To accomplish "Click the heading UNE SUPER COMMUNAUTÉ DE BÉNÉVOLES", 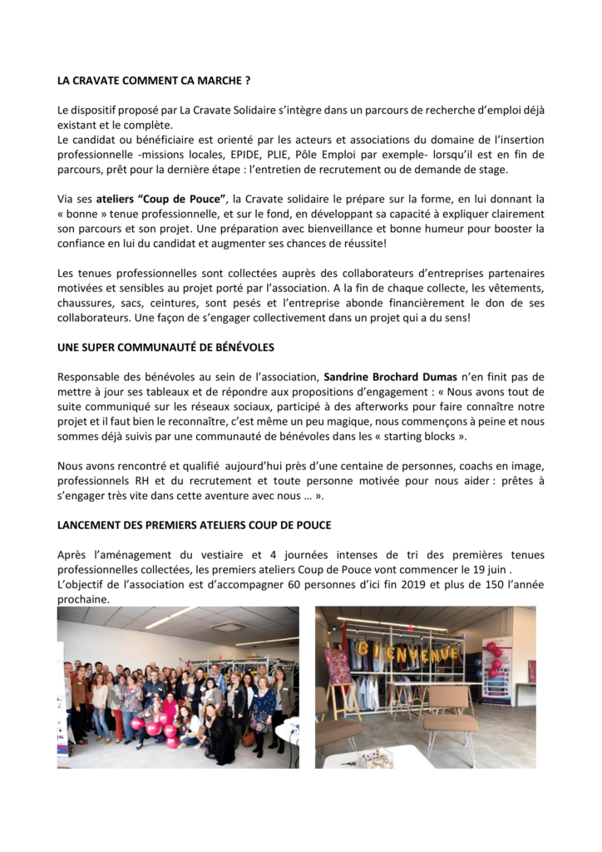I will pyautogui.click(x=165, y=347).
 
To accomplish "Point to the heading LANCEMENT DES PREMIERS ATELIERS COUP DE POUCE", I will pyautogui.click(x=194, y=525).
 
